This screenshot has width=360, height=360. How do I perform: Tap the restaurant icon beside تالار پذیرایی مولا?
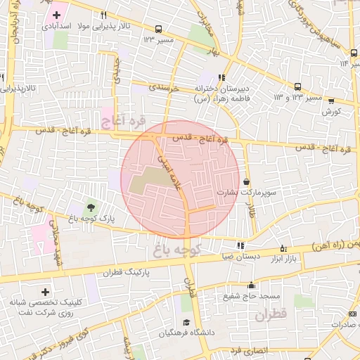[x=104, y=15]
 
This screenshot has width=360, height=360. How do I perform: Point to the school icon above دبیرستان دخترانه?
[x=221, y=78]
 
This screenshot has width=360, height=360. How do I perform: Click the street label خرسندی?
[x=165, y=89]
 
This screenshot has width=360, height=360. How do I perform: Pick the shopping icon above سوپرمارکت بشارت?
[x=245, y=181]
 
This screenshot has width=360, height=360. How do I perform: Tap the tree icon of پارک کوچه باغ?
[x=91, y=207]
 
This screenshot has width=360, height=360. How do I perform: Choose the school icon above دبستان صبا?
[x=241, y=246]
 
